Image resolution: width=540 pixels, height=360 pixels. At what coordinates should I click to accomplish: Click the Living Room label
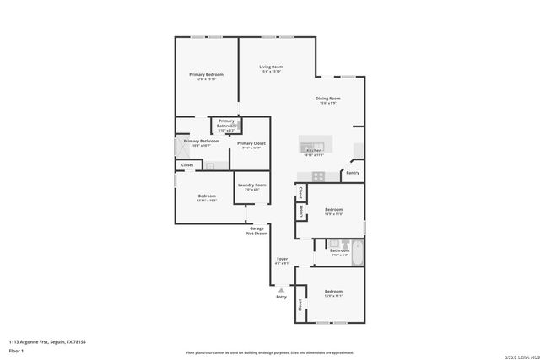[x=271, y=67]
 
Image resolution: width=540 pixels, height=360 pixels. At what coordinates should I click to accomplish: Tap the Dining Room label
[x=327, y=99]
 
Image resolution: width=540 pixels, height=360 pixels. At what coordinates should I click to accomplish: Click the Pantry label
[x=353, y=173]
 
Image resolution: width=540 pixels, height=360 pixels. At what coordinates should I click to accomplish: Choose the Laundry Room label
[x=251, y=185]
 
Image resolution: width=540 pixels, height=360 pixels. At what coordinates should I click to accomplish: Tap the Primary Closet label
[x=251, y=144]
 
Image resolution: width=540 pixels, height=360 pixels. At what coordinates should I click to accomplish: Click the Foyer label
[x=282, y=259]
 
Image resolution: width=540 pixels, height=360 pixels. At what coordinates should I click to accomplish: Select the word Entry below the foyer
[x=281, y=297]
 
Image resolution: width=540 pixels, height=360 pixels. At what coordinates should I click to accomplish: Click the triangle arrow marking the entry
[x=281, y=289]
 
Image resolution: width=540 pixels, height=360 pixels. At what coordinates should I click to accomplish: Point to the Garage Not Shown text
[x=256, y=230]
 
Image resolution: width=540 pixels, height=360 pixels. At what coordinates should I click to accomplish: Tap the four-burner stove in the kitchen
[x=318, y=176]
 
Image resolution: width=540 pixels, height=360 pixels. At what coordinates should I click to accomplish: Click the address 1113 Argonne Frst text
[x=47, y=341]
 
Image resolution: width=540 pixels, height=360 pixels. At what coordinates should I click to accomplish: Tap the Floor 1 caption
[x=16, y=351]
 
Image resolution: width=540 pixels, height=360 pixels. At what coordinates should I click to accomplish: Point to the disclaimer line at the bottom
[x=270, y=352]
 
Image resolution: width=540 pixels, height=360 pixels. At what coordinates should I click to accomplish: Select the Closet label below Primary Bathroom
[x=187, y=165]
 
